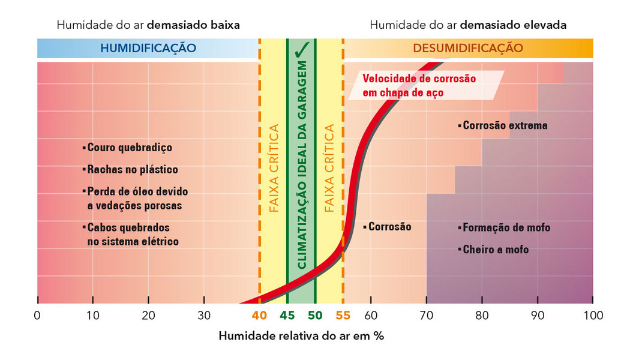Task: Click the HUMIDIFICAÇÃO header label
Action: (x=148, y=48)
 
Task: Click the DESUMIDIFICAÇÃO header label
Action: (x=467, y=48)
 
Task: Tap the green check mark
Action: (x=302, y=49)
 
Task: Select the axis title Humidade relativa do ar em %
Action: (x=301, y=336)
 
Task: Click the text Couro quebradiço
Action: (x=130, y=148)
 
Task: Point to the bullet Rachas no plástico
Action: (x=133, y=170)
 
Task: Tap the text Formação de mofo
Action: (x=506, y=228)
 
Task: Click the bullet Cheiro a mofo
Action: (x=496, y=250)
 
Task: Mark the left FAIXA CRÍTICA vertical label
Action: (x=274, y=169)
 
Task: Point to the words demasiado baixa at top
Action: (x=193, y=25)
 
